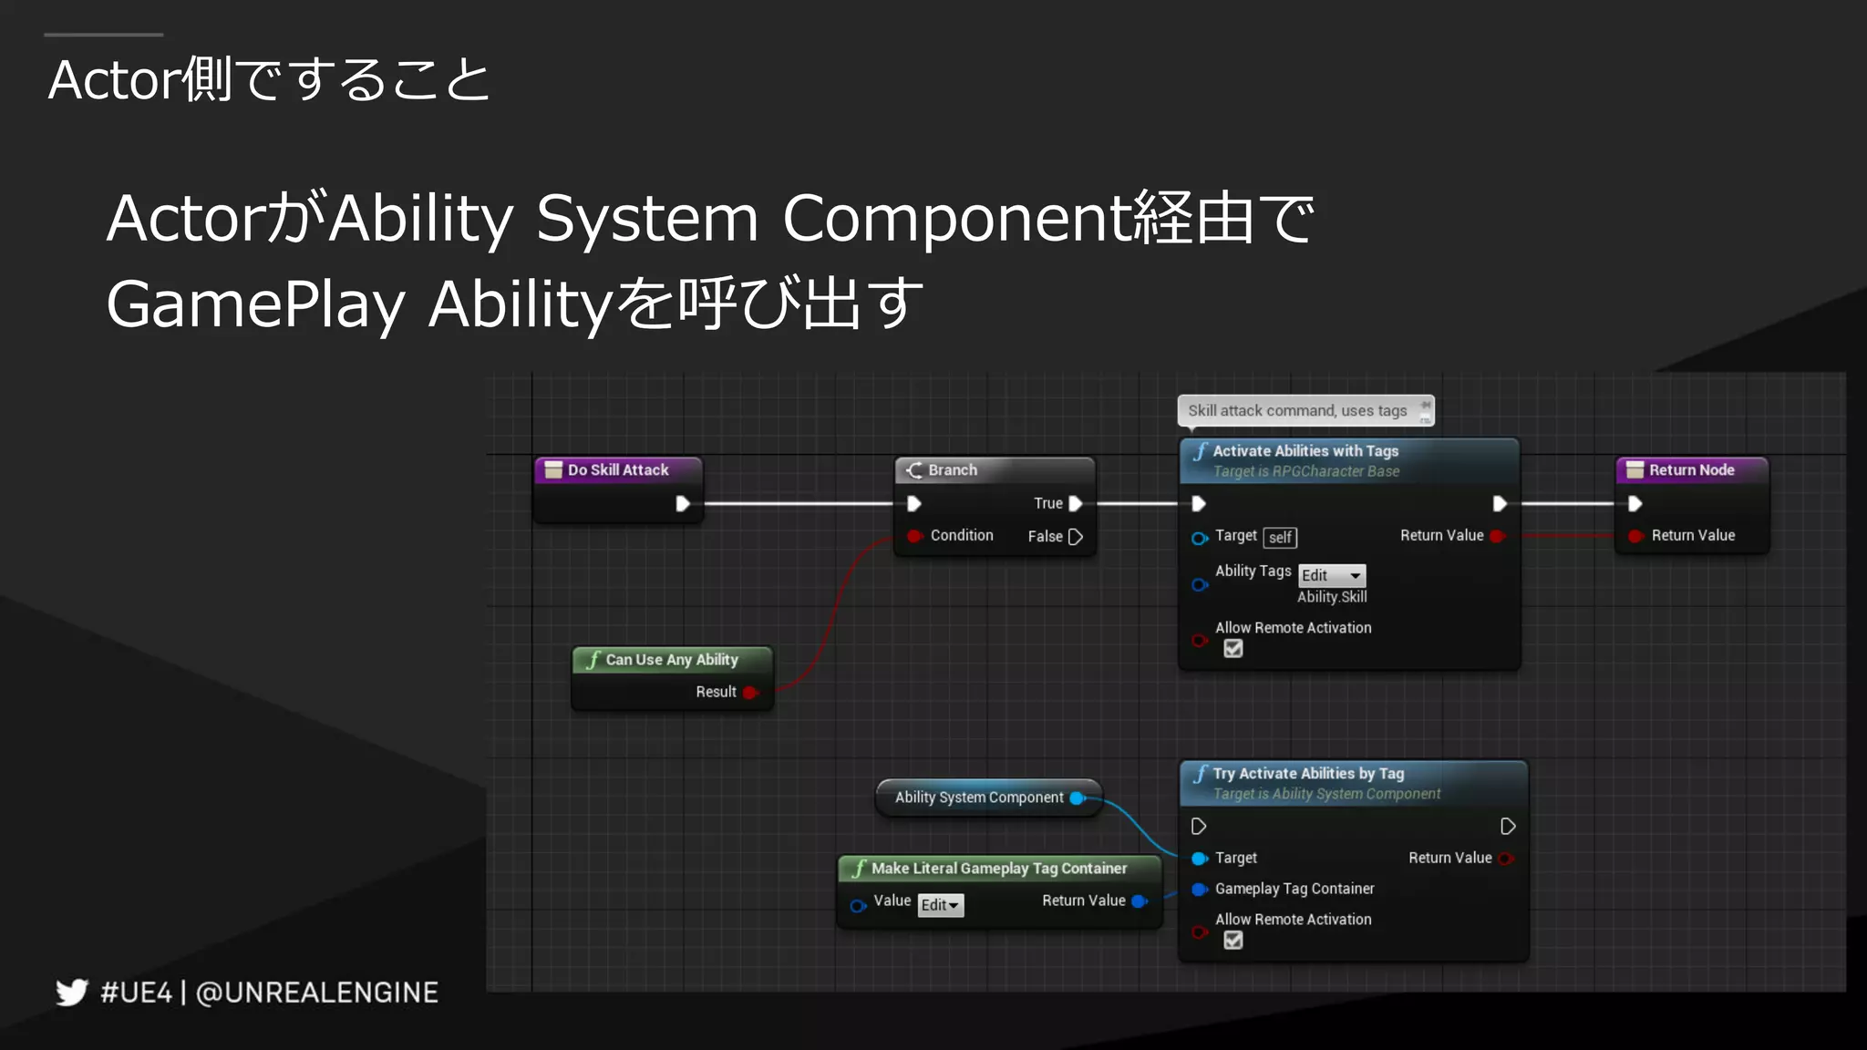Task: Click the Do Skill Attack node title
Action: click(618, 470)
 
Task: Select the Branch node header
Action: click(952, 470)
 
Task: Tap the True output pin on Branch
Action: click(1076, 503)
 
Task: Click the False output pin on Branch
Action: click(1076, 537)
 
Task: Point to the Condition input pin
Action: click(914, 536)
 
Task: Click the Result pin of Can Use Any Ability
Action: click(749, 693)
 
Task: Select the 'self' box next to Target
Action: click(1280, 538)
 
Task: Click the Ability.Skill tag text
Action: click(1332, 597)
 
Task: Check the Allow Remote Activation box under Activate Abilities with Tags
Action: click(1233, 649)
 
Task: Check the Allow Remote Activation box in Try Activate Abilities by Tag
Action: click(1233, 941)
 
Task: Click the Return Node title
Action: click(1691, 470)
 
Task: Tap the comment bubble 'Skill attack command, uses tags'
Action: click(1297, 411)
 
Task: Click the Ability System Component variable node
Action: click(979, 798)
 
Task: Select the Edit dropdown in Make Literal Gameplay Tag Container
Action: click(940, 905)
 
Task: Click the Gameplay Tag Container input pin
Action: click(1200, 890)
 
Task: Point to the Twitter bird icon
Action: click(72, 992)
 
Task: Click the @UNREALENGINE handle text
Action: click(317, 993)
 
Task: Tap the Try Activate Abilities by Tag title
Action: click(1307, 774)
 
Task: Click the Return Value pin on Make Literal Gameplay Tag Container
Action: click(1139, 901)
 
